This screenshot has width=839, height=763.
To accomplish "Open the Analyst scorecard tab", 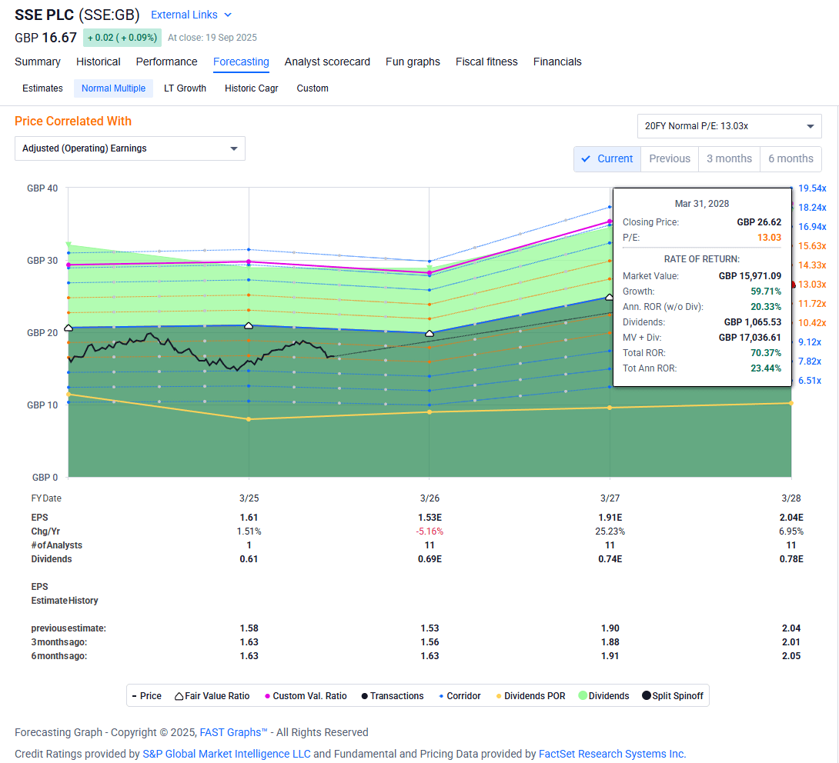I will [327, 62].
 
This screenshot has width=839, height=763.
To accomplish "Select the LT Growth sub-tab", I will [185, 88].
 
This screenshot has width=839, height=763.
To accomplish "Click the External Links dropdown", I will [191, 15].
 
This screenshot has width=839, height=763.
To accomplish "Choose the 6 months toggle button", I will [791, 158].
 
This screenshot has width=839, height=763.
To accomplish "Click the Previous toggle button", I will [669, 158].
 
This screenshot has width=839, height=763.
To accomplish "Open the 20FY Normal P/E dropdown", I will [729, 126].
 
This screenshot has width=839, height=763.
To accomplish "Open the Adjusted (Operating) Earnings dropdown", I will [129, 148].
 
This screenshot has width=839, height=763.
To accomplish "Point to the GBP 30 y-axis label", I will [42, 261].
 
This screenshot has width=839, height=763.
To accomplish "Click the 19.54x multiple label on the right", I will [812, 188].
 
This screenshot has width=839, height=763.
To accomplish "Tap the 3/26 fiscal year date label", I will [430, 498].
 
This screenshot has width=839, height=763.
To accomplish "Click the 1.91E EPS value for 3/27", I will [610, 518].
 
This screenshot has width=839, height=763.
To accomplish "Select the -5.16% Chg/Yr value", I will [430, 531].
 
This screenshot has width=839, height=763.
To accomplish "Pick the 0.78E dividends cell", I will [791, 559].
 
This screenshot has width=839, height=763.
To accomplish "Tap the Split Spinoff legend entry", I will [673, 696].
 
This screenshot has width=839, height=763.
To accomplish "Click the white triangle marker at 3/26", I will [430, 333].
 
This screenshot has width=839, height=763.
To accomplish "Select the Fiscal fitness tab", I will [486, 62].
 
